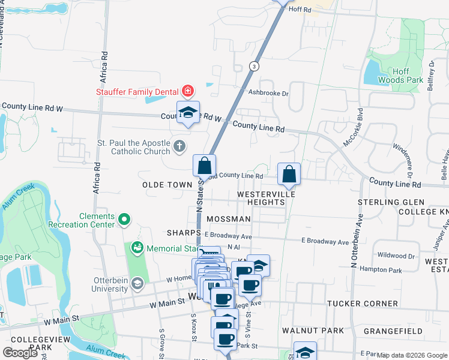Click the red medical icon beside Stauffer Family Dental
point(188,92)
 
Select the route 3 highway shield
point(255,66)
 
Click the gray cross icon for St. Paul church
point(179,146)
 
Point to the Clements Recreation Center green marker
point(124,220)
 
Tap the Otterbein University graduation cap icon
point(137,283)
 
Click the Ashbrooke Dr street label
point(268,93)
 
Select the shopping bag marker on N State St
point(204,165)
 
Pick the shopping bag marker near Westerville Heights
point(289,174)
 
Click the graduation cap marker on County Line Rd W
point(188,112)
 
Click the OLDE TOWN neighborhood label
point(166,185)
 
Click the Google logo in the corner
point(20,353)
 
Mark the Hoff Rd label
point(300,10)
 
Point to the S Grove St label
point(161,342)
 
